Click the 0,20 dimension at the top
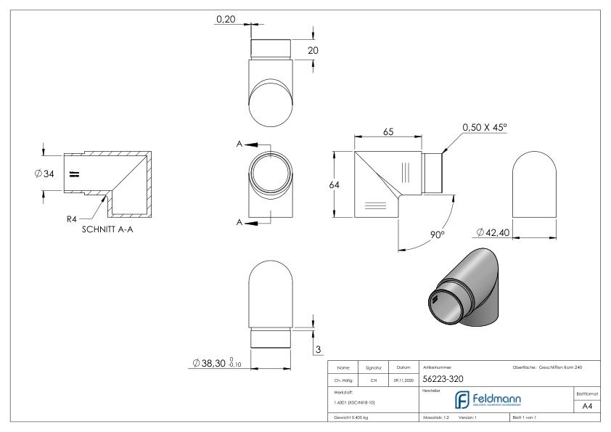click(226, 20)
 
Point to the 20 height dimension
click(313, 50)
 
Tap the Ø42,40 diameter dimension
click(499, 232)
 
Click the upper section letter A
click(239, 144)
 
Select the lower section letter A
click(239, 222)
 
